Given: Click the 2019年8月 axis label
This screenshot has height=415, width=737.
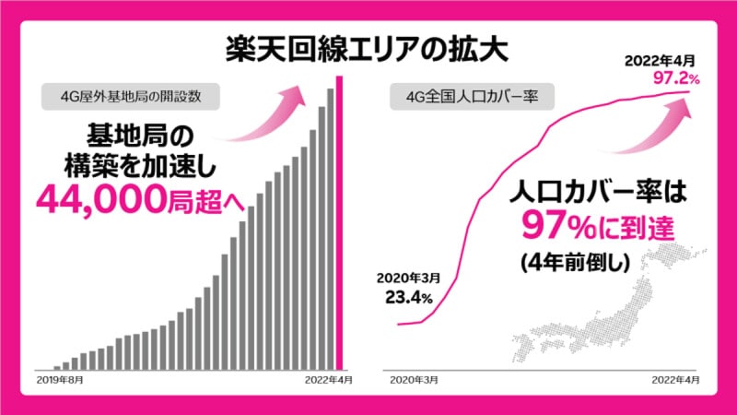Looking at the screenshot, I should (61, 379).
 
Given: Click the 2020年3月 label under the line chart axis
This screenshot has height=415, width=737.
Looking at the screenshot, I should (414, 379).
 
